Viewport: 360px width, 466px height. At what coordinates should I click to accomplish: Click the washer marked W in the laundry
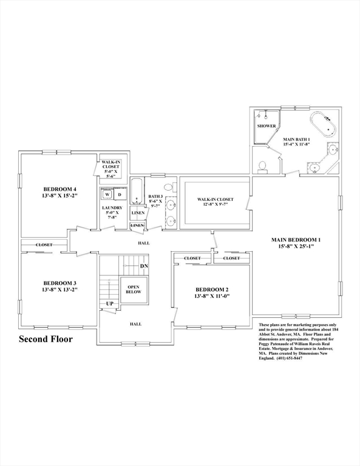pos(107,195)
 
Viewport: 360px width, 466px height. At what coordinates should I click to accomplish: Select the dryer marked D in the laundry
pos(120,195)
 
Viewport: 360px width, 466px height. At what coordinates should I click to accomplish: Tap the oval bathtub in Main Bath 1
pos(323,124)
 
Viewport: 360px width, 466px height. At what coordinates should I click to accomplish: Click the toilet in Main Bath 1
pos(262,167)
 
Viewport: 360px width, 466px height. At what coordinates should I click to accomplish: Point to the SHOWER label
pos(267,126)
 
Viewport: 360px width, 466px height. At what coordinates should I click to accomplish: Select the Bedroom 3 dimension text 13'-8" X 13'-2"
pos(59,289)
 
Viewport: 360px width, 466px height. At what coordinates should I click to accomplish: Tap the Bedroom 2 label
pos(212,289)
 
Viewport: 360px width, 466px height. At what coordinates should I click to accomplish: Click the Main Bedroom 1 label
pos(296,240)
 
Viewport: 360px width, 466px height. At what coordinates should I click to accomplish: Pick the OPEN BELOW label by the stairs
pos(134,289)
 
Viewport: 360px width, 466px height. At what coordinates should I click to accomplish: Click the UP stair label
pos(110,304)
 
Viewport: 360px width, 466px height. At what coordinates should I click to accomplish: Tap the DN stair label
pos(144,266)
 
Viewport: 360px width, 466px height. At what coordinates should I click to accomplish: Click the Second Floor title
pos(46,339)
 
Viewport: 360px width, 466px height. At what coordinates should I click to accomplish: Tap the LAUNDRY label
pos(112,208)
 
